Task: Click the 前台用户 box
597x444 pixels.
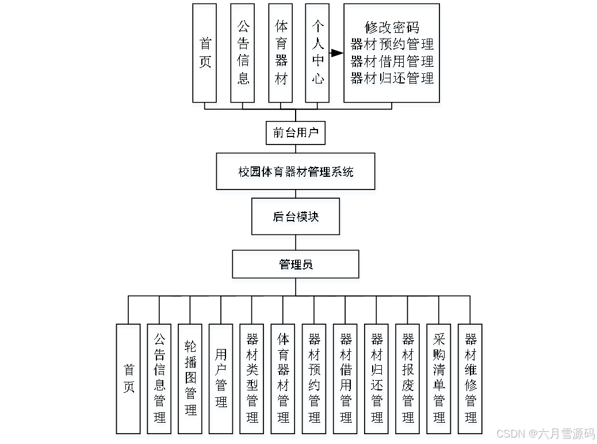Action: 296,133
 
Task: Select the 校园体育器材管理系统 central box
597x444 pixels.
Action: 296,172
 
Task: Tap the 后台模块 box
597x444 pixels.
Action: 296,217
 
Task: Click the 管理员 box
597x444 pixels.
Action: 296,264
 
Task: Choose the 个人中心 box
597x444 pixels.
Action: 317,53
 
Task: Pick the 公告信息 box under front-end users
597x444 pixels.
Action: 243,53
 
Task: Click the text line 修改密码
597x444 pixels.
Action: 392,27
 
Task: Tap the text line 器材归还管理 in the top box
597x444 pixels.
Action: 392,78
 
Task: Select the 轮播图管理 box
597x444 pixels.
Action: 190,378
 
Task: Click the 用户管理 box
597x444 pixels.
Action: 221,378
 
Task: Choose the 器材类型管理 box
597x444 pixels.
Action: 252,378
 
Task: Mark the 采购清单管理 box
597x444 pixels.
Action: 439,378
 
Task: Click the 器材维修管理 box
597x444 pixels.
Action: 470,378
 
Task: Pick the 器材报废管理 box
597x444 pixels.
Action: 408,378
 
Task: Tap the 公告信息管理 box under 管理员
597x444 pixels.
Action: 159,378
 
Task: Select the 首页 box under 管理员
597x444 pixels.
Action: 128,378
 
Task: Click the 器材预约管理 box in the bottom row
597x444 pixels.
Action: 314,378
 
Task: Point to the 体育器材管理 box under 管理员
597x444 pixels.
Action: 283,378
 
